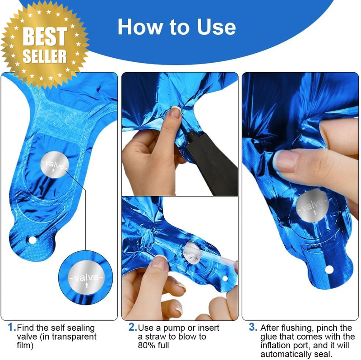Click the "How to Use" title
click(x=176, y=27)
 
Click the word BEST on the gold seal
click(x=45, y=36)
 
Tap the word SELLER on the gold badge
click(x=45, y=56)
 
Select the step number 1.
click(x=12, y=327)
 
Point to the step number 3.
click(x=253, y=327)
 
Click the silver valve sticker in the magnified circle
click(x=86, y=277)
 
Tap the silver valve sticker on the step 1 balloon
click(x=55, y=165)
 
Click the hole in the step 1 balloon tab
click(x=32, y=240)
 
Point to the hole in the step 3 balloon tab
click(x=329, y=269)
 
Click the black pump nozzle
click(x=211, y=161)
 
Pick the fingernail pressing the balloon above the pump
click(x=175, y=112)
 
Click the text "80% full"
click(x=153, y=345)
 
